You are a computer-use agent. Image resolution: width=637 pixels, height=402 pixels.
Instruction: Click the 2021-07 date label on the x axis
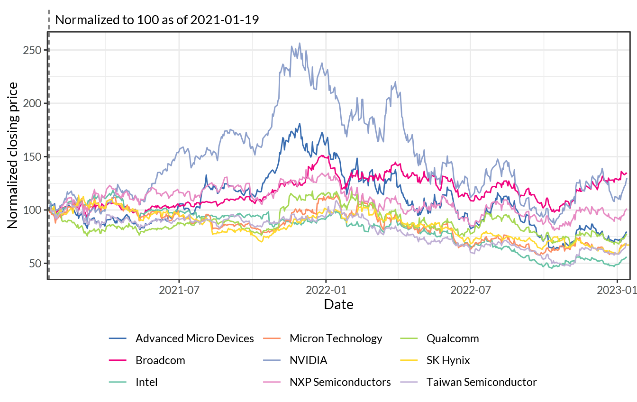pyautogui.click(x=179, y=290)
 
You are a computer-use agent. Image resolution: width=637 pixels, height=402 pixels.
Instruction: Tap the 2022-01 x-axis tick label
pyautogui.click(x=326, y=290)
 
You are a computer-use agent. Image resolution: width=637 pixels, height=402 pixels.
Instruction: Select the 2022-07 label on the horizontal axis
pyautogui.click(x=471, y=290)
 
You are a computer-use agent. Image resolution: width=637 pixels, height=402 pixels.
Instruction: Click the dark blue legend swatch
pyautogui.click(x=118, y=338)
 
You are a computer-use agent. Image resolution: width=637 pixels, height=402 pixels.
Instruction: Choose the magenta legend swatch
pyautogui.click(x=118, y=360)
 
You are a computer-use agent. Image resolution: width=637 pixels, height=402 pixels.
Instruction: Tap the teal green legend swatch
pyautogui.click(x=118, y=382)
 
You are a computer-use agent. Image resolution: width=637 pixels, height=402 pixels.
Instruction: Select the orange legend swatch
pyautogui.click(x=272, y=338)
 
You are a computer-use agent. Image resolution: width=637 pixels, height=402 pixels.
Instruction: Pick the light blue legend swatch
pyautogui.click(x=272, y=360)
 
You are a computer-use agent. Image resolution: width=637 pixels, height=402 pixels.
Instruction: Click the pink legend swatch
pyautogui.click(x=272, y=382)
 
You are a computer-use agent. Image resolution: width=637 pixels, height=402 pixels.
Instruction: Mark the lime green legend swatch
pyautogui.click(x=409, y=338)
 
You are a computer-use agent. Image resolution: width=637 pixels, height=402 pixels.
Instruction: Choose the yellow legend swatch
pyautogui.click(x=409, y=360)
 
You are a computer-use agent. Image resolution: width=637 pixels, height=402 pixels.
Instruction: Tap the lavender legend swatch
pyautogui.click(x=409, y=382)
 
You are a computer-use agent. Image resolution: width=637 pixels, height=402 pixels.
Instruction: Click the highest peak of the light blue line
pyautogui.click(x=300, y=43)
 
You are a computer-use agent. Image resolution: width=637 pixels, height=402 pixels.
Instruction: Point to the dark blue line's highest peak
pyautogui.click(x=300, y=124)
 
